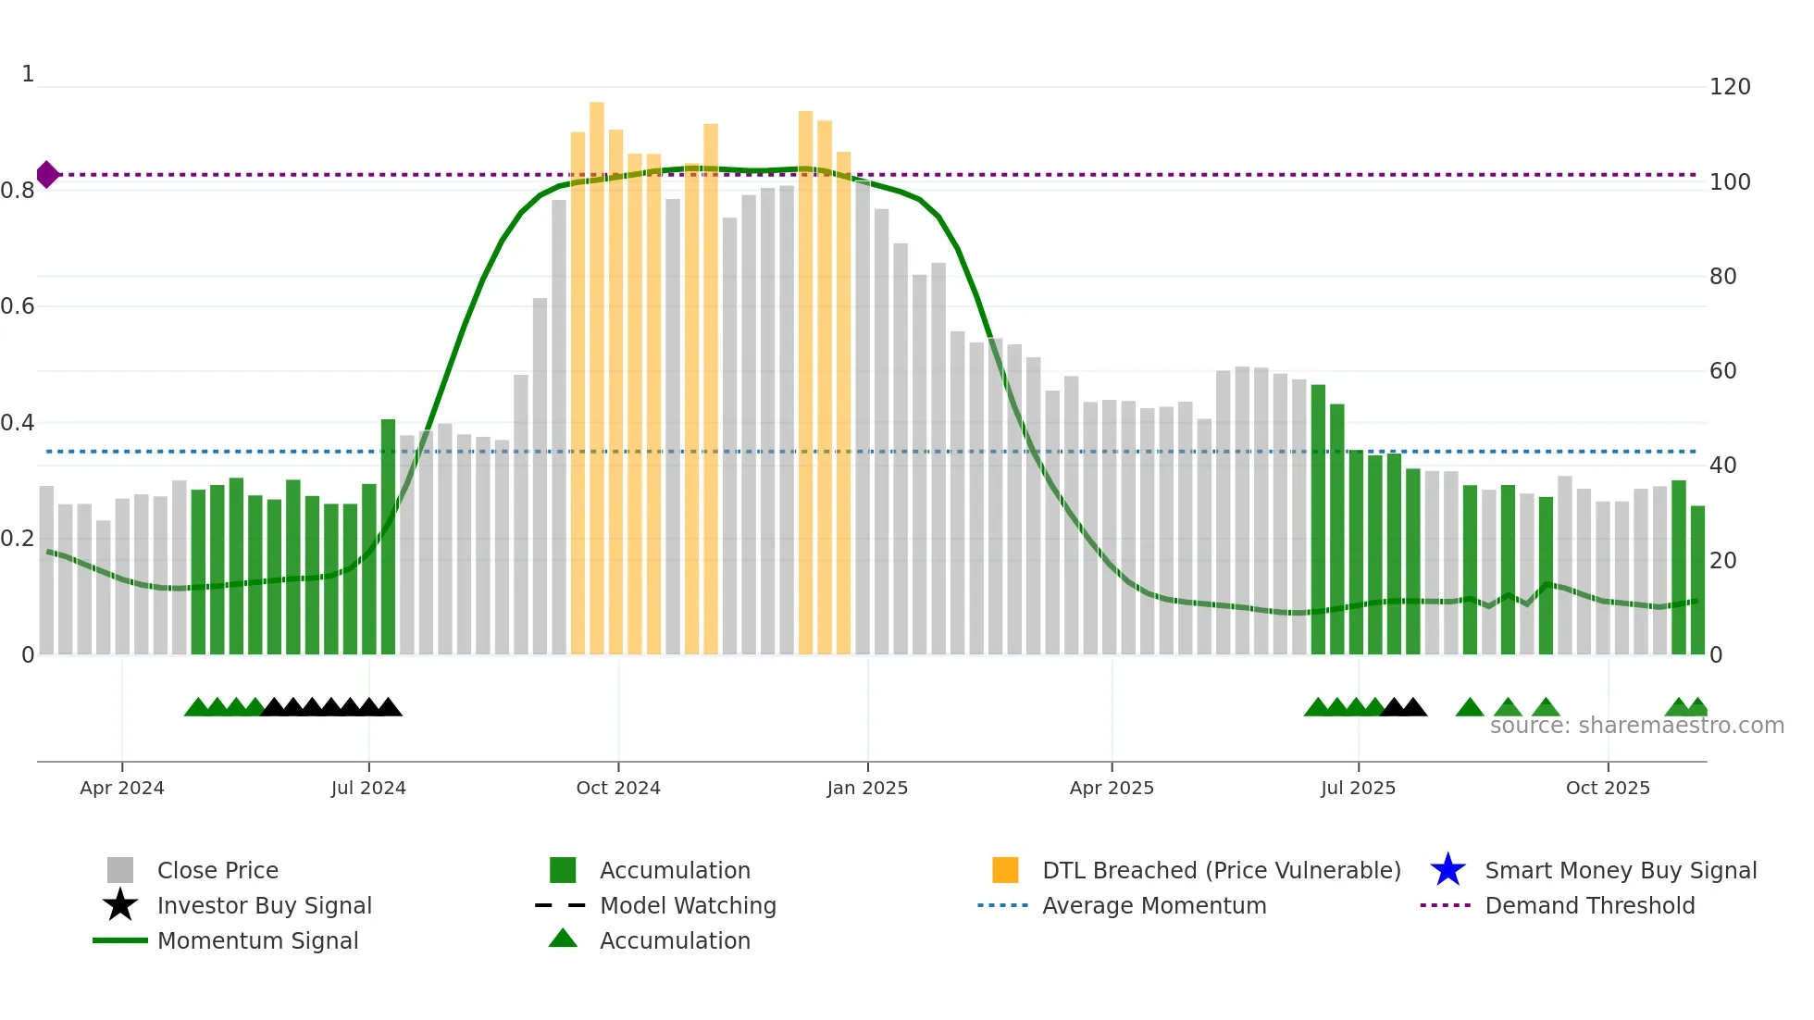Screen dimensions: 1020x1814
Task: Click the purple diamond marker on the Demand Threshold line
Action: click(x=47, y=174)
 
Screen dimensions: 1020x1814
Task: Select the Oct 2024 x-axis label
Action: click(x=618, y=788)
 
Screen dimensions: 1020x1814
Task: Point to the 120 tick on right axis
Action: click(x=1729, y=87)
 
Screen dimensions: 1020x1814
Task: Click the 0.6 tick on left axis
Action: click(x=18, y=306)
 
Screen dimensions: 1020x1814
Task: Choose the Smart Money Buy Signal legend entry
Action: click(x=1620, y=870)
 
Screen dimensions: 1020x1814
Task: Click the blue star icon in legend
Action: click(x=1447, y=870)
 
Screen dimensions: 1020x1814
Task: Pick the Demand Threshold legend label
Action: click(x=1589, y=905)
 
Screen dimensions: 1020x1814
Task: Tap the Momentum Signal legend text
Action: click(x=257, y=940)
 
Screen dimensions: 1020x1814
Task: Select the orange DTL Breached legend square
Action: click(x=1005, y=870)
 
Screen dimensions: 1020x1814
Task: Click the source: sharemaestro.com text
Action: click(x=1636, y=726)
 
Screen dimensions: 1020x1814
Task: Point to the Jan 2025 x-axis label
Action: click(x=867, y=788)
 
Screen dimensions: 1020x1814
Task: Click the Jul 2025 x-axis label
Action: click(x=1358, y=788)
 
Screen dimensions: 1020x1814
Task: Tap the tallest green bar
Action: click(x=1318, y=518)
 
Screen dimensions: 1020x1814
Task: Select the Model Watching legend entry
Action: click(x=687, y=905)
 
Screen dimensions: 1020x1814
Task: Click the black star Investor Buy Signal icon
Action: click(x=120, y=905)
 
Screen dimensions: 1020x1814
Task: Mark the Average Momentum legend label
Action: click(x=1153, y=905)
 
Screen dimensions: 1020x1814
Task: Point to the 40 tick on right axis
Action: click(x=1722, y=466)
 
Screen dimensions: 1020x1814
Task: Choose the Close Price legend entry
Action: click(x=217, y=870)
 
